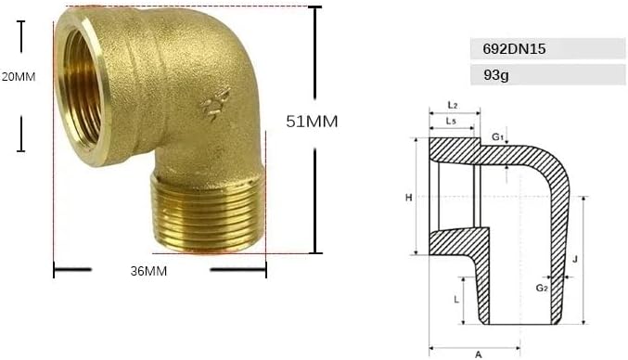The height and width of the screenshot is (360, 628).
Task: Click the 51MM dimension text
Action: pos(312,122)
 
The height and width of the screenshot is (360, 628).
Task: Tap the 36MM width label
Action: pos(148,271)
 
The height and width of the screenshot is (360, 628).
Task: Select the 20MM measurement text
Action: pos(19,76)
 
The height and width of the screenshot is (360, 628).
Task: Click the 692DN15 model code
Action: pos(514,49)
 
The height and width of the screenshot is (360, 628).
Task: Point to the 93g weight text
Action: pos(496,75)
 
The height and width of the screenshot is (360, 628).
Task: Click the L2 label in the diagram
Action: pos(452,106)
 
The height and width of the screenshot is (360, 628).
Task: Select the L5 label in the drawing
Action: pos(451,122)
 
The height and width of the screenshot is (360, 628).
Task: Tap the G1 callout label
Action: pos(497,137)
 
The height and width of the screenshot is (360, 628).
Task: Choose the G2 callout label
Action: pos(542,288)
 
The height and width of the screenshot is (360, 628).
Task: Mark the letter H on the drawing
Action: pos(408,198)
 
